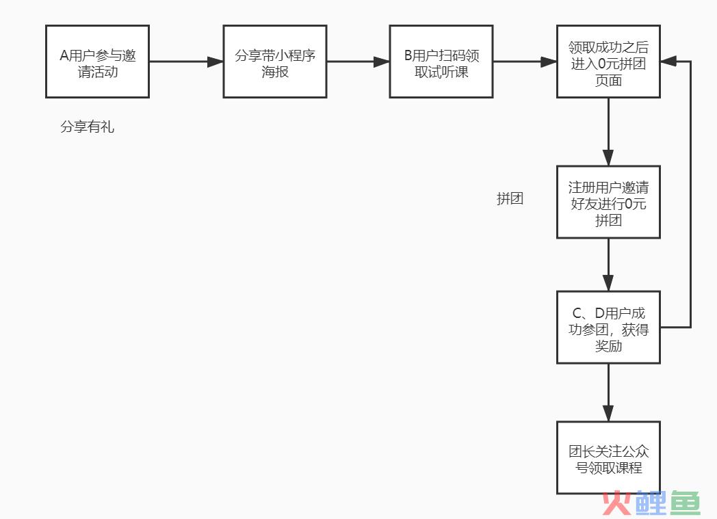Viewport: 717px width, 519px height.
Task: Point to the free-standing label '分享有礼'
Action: click(x=88, y=127)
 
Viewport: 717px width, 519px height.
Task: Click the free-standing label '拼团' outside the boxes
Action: click(x=510, y=199)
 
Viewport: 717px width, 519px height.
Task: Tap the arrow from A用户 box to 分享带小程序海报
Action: click(x=186, y=62)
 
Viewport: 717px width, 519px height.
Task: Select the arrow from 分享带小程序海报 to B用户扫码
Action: click(x=358, y=62)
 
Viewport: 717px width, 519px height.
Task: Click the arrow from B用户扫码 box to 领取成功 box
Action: click(x=525, y=62)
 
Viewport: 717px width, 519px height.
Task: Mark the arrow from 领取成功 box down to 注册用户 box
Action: click(x=608, y=132)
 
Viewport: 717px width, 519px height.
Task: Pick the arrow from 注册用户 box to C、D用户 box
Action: click(x=608, y=265)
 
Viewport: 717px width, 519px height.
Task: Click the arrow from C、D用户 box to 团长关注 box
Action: click(x=608, y=392)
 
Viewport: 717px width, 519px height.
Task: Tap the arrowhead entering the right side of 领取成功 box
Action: click(x=668, y=62)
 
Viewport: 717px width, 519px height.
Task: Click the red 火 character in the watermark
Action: click(x=617, y=503)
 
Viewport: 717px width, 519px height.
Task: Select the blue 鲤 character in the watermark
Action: click(x=651, y=503)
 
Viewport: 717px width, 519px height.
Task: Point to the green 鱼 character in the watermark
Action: click(x=685, y=503)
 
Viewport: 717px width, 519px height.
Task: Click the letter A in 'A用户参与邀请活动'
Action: click(x=64, y=56)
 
